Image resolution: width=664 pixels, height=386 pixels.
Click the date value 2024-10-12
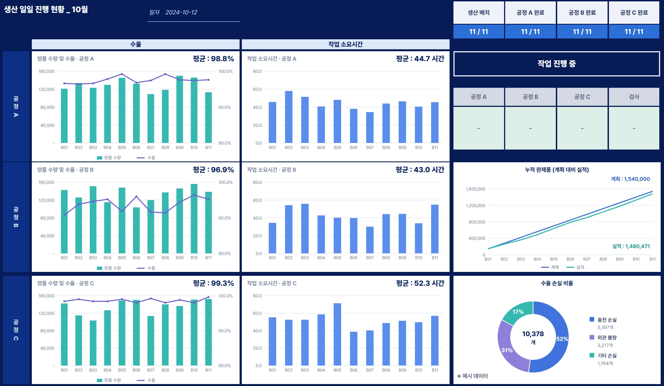(181, 12)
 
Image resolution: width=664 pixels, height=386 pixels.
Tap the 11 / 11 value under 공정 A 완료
(530, 32)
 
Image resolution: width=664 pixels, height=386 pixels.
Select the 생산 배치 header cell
(479, 12)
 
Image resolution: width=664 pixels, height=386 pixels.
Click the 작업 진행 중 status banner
(557, 64)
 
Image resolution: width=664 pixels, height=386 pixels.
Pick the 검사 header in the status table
(634, 97)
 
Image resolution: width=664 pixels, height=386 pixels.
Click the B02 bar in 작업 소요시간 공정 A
(289, 117)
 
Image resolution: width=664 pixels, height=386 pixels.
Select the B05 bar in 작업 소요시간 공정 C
(337, 334)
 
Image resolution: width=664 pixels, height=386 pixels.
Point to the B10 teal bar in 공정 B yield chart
(194, 218)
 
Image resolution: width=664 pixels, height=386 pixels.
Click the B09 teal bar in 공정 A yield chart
(180, 109)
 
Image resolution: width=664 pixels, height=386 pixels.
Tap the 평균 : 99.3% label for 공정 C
(213, 283)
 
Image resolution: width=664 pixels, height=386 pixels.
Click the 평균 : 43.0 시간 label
(420, 169)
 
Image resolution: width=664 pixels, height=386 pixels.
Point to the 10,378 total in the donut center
(533, 334)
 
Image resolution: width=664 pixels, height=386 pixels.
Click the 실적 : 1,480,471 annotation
(631, 246)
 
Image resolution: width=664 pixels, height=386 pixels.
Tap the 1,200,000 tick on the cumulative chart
(475, 205)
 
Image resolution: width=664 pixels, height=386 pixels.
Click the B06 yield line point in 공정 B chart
(136, 196)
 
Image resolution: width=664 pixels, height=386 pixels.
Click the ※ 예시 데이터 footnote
(473, 376)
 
